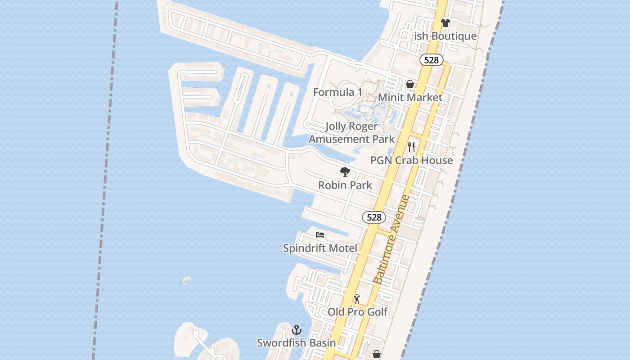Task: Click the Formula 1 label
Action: click(337, 92)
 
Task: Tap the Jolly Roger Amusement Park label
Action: click(351, 133)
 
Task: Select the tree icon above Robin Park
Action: click(345, 171)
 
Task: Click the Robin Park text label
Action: click(345, 185)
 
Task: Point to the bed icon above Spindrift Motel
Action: click(320, 234)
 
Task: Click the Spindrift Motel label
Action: click(320, 248)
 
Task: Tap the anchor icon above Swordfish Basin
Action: click(297, 330)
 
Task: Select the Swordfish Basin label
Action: click(296, 343)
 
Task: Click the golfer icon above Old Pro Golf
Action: click(357, 299)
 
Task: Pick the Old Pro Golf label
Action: click(357, 312)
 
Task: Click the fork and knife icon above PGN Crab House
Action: click(411, 147)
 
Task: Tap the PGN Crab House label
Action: click(411, 160)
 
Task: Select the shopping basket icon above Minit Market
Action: click(410, 84)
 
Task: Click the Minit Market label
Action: click(410, 97)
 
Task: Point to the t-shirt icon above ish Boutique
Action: click(445, 23)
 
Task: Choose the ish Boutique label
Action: click(445, 36)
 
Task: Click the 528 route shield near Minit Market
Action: click(432, 60)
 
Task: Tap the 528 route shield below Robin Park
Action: click(374, 217)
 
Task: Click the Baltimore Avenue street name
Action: click(391, 239)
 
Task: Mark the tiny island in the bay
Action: click(186, 280)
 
